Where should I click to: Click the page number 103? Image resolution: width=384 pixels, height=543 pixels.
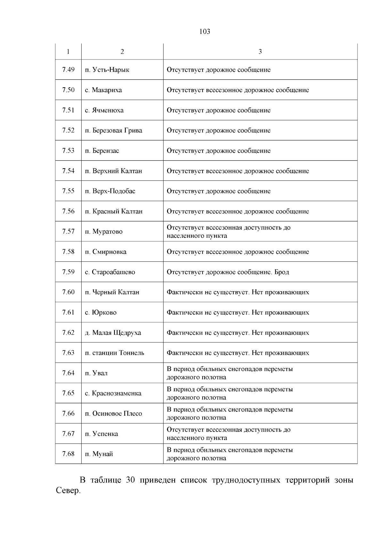tap(204, 31)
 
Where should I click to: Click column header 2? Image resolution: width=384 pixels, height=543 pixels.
tap(122, 52)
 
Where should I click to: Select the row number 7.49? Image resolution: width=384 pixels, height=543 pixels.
tap(68, 69)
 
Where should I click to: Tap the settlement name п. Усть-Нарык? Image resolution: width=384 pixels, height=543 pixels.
tap(107, 70)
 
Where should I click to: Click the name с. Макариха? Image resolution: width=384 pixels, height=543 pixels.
tap(103, 90)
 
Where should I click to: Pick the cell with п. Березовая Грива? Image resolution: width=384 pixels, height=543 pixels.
tap(114, 130)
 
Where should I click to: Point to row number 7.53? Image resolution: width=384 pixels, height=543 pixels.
tap(68, 150)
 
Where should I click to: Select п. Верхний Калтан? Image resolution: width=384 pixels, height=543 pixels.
tap(113, 171)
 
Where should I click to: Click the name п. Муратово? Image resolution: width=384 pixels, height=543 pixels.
tap(104, 231)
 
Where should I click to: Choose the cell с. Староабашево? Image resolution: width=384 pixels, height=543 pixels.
tap(110, 272)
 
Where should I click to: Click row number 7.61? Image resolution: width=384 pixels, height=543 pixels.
tap(68, 312)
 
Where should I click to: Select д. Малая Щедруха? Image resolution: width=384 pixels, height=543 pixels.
tap(113, 333)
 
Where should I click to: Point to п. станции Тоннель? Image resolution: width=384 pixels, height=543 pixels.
tap(115, 353)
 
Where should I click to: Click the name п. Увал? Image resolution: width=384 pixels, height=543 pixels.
tap(96, 373)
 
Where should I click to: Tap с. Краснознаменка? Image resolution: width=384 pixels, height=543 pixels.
tap(113, 393)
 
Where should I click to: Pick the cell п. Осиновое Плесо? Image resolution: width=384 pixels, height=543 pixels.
tap(114, 413)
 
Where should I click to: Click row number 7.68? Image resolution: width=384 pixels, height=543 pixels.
tap(68, 454)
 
